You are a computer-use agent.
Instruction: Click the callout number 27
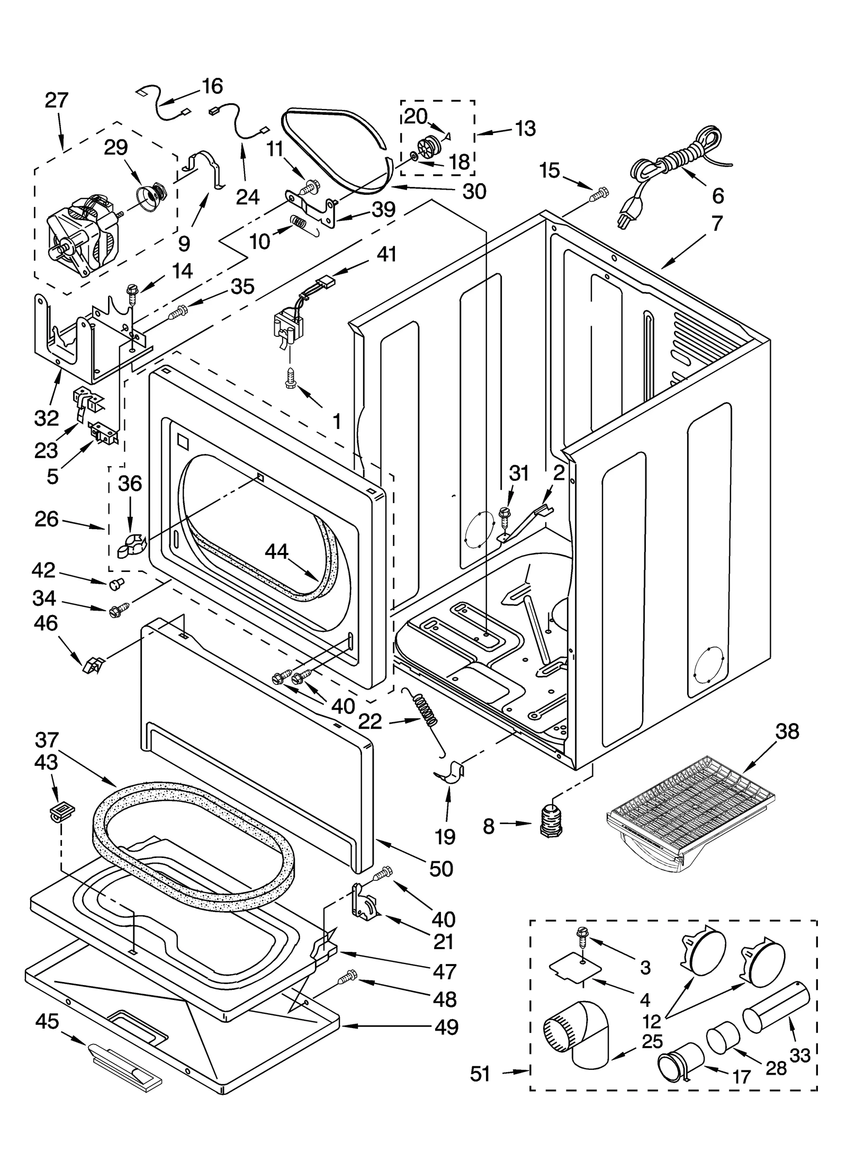(x=56, y=100)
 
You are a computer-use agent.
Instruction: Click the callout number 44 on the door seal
(x=276, y=551)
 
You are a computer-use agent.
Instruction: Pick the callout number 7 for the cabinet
(x=717, y=223)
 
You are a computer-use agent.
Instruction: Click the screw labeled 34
(x=115, y=610)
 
